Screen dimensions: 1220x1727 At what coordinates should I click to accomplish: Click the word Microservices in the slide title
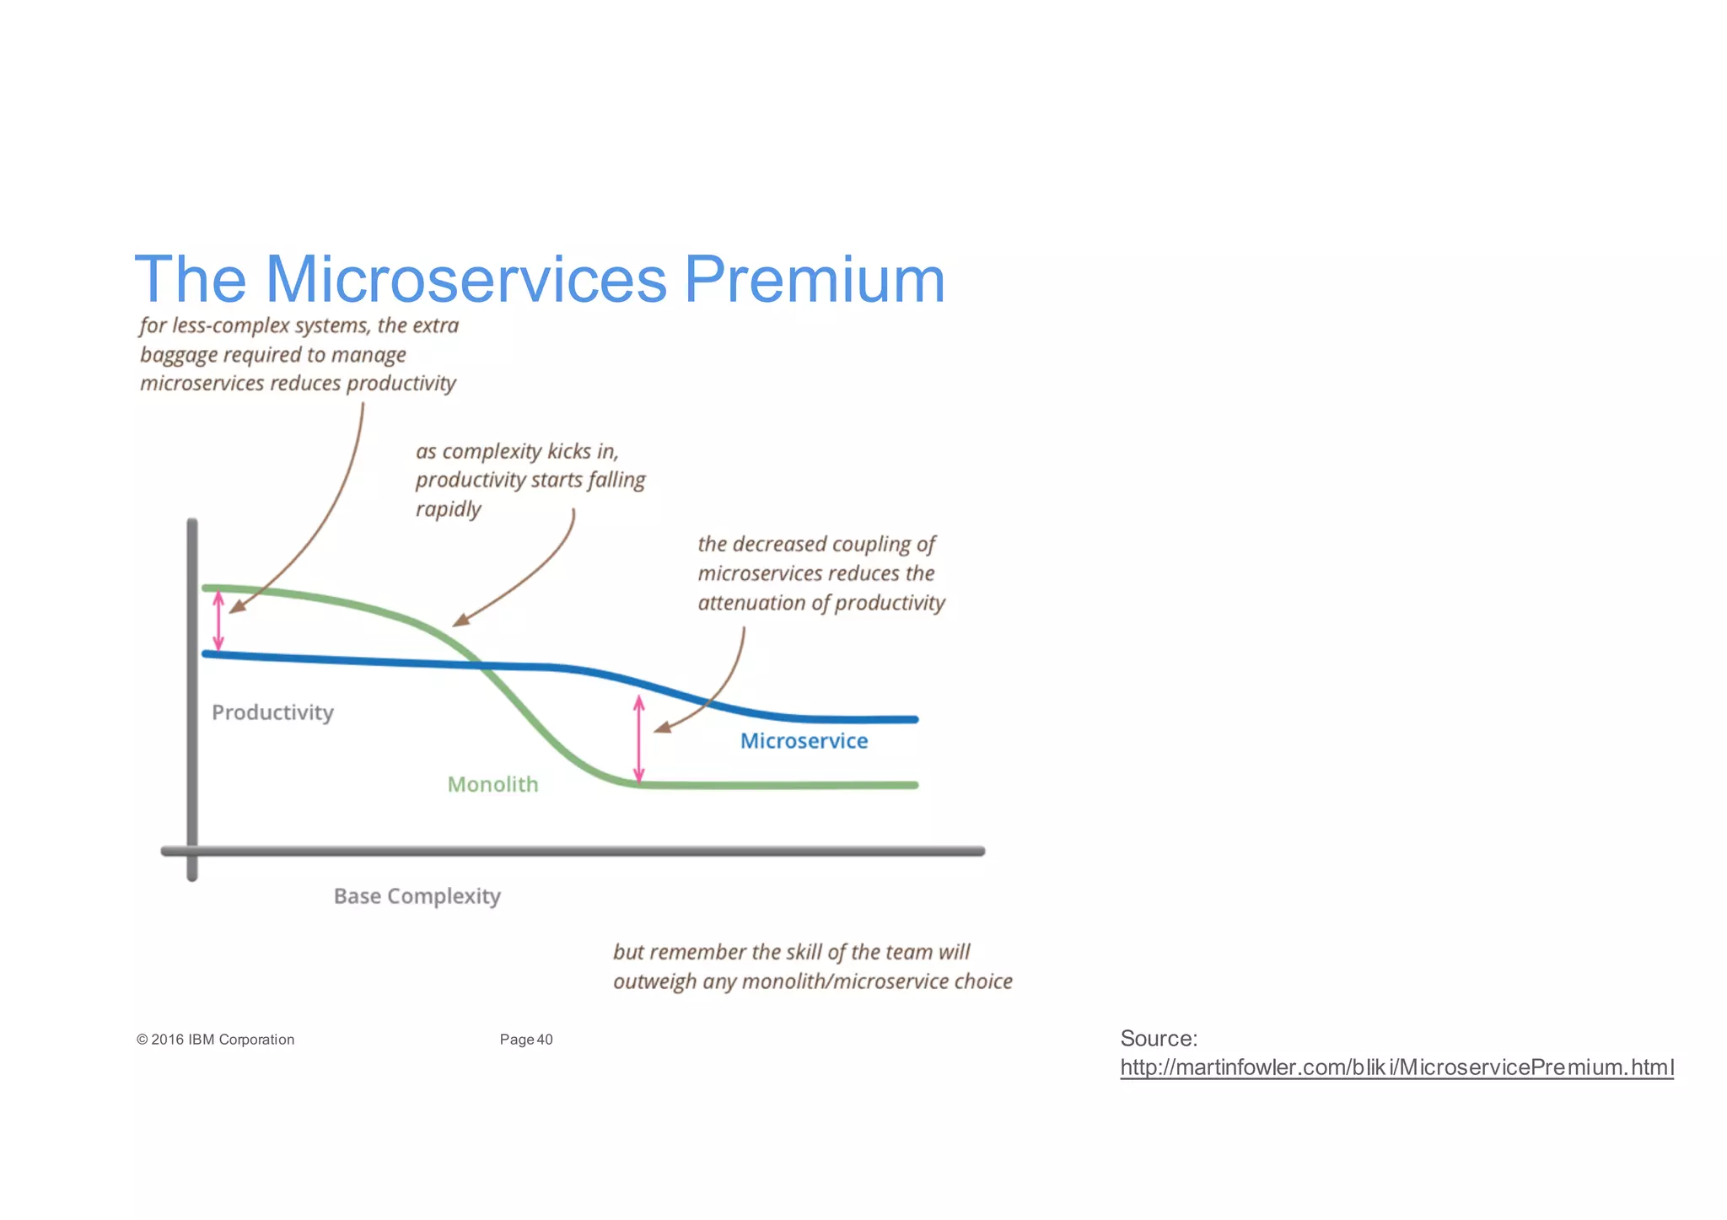[465, 280]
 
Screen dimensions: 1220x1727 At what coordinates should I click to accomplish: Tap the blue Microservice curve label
[804, 741]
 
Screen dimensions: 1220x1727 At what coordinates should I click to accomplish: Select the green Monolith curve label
[492, 785]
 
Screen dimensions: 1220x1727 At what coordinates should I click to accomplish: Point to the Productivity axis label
[272, 712]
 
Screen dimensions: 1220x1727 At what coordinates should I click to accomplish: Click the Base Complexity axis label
[417, 895]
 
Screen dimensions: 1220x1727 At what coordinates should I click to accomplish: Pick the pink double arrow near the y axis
[218, 621]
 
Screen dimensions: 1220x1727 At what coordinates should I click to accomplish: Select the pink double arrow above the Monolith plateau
[639, 739]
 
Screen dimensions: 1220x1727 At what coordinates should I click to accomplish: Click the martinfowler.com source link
[1396, 1067]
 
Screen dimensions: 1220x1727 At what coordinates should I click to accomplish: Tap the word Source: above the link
[1159, 1038]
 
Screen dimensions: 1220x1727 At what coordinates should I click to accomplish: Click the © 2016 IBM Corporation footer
[215, 1040]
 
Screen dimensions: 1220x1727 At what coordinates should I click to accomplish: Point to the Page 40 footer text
[526, 1040]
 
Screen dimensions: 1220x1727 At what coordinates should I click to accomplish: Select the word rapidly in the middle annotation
[448, 509]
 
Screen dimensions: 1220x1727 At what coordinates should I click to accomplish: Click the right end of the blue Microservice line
[914, 719]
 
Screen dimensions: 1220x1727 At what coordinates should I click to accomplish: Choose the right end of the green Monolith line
[914, 785]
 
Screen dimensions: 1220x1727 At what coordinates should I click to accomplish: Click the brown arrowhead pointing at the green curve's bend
[459, 621]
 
